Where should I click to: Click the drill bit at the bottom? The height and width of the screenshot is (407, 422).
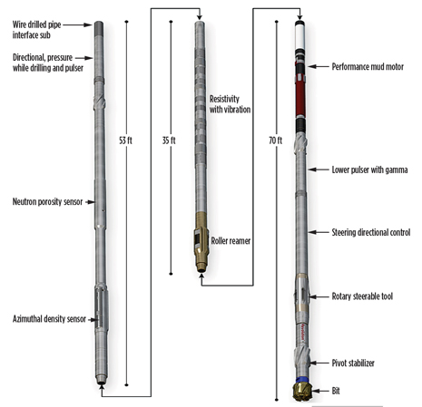[302, 392]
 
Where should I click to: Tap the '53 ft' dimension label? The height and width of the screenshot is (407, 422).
[125, 141]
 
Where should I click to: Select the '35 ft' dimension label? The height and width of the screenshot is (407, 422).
[169, 141]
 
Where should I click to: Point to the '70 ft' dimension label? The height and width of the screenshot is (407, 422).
[275, 141]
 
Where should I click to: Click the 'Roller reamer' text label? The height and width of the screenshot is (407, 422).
[231, 241]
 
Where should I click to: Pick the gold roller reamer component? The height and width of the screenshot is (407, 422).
[201, 242]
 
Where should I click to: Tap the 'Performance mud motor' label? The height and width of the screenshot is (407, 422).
[368, 67]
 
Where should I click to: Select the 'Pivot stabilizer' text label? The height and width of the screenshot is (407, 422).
[353, 363]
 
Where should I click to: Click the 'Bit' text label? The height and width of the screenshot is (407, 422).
[336, 391]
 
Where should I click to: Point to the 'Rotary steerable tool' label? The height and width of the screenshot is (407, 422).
[362, 296]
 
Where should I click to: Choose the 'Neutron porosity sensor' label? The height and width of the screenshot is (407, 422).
[47, 202]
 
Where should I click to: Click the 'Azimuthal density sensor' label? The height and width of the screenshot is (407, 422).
[49, 319]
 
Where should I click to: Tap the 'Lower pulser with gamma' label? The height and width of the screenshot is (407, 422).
[369, 170]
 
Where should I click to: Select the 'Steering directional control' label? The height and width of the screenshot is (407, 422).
[371, 232]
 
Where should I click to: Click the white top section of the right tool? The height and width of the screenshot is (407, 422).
[300, 37]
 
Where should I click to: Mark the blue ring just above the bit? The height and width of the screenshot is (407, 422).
[303, 380]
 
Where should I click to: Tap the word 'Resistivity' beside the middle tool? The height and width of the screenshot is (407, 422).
[224, 99]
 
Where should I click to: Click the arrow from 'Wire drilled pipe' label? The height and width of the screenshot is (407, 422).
[77, 25]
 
